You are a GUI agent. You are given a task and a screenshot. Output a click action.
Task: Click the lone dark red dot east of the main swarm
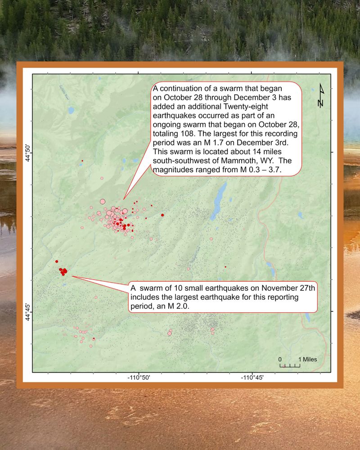click(162, 215)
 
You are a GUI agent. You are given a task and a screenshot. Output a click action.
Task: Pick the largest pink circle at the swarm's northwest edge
click(102, 202)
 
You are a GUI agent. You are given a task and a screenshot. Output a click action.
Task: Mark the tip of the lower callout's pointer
click(71, 276)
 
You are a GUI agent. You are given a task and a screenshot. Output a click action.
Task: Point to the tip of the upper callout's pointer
click(124, 199)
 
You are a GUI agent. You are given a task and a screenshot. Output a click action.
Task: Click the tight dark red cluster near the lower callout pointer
click(63, 271)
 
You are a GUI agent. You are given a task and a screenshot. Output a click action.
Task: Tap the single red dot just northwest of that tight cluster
click(57, 261)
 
